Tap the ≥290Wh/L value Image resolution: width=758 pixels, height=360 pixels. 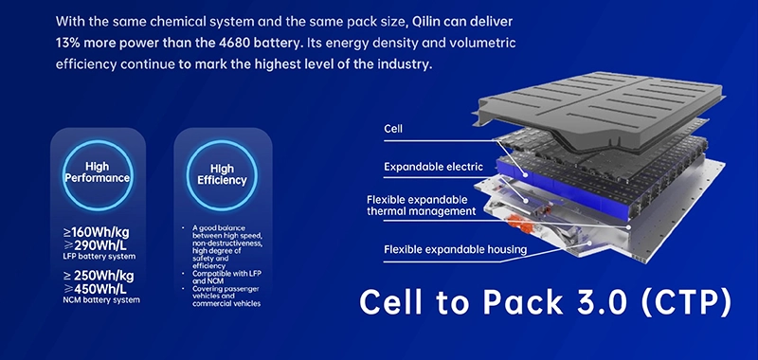[x=99, y=245]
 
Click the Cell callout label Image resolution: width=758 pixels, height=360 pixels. [x=393, y=129]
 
